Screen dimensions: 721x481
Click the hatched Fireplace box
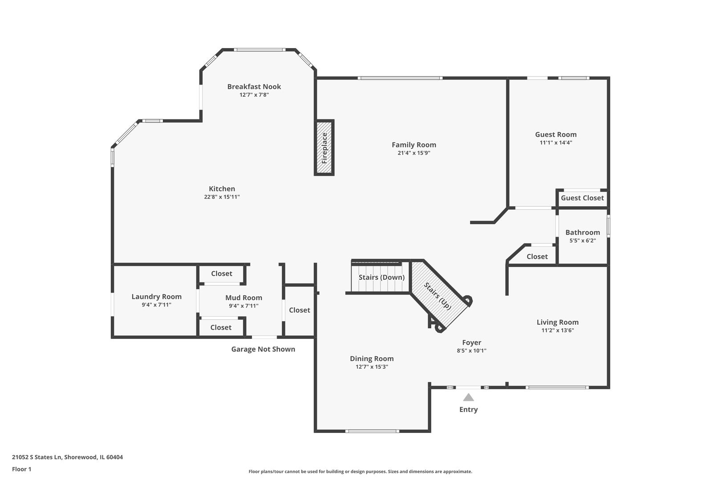pos(324,147)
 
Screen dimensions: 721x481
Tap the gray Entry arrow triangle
pos(468,397)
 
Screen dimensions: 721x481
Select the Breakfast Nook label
pos(254,87)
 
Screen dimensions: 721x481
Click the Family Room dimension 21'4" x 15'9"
pos(414,153)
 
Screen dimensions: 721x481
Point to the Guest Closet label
pos(582,198)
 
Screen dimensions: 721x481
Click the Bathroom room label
pos(583,232)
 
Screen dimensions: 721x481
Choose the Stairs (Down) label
pos(381,277)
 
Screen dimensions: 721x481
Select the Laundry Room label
pos(156,297)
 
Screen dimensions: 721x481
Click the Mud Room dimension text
pos(243,306)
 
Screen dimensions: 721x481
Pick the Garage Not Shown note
pos(263,349)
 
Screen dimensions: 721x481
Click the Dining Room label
pos(372,359)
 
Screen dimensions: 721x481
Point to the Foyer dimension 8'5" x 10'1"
pos(472,351)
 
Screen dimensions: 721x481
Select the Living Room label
pos(558,322)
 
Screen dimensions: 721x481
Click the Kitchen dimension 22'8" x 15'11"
pos(222,197)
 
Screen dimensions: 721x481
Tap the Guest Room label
pos(556,135)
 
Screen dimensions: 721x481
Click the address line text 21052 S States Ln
pos(36,457)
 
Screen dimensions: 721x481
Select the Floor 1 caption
pos(21,469)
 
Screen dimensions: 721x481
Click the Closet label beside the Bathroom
pos(537,257)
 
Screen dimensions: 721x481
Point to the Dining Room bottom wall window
pos(373,431)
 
